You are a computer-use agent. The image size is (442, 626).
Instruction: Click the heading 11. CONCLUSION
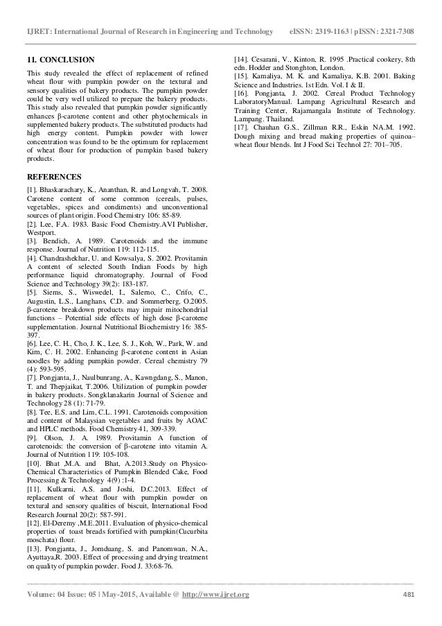[x=60, y=60]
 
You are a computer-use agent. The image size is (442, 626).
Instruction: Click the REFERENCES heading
[x=53, y=176]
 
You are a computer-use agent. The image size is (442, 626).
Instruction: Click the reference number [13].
[x=34, y=548]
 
